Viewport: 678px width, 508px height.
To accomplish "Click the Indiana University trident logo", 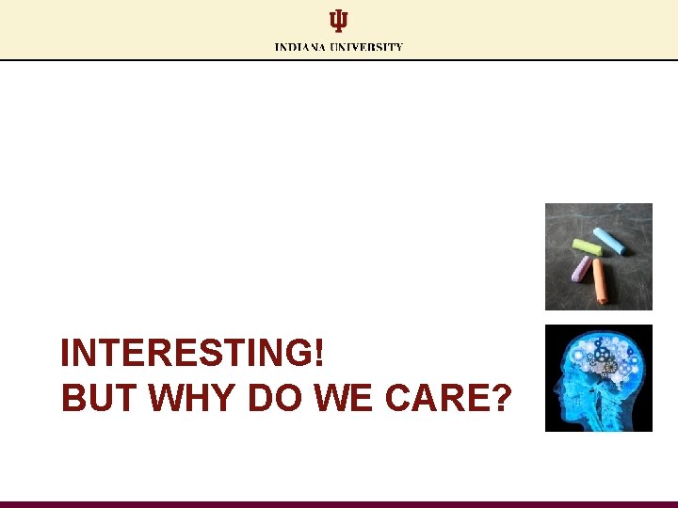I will coord(338,21).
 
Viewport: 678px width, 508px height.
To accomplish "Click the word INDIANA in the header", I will coord(299,47).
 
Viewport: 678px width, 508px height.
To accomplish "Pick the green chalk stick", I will coord(588,248).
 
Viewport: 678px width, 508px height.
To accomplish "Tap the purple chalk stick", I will coord(581,269).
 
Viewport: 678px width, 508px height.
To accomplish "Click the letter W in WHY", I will coord(168,399).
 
